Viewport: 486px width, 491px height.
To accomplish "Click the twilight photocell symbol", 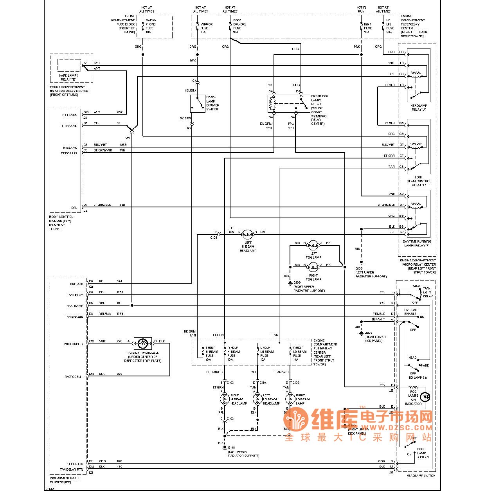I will point(143,343).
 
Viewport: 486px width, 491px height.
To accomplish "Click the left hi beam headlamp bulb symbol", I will point(248,234).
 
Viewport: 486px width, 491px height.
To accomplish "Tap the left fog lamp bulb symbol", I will point(313,245).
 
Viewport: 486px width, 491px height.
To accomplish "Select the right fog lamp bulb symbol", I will point(313,267).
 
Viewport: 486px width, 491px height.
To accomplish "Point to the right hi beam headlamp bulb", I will point(225,399).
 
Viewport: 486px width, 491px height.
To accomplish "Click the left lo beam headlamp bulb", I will point(257,399).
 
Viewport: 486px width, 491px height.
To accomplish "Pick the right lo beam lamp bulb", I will point(290,399).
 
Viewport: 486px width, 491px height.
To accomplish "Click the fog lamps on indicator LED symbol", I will point(425,397).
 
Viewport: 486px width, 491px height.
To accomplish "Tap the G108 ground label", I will point(232,448).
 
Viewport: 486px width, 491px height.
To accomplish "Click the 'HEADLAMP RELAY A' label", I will point(418,108).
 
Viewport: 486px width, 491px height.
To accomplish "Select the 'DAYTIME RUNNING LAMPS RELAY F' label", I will point(417,243).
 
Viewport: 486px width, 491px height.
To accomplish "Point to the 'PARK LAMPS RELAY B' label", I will point(68,77).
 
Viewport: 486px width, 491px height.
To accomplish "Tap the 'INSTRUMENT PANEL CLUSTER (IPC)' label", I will point(65,480).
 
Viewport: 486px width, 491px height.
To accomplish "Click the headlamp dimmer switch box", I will point(198,104).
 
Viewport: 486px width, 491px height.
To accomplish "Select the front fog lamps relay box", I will point(288,104).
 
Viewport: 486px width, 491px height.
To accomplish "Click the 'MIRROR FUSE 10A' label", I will point(206,28).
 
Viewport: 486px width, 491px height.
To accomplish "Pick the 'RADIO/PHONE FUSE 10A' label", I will point(151,26).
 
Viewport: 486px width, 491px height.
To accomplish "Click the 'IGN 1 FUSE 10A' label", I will point(367,28).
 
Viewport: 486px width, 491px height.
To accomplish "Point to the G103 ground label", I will point(297,282).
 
